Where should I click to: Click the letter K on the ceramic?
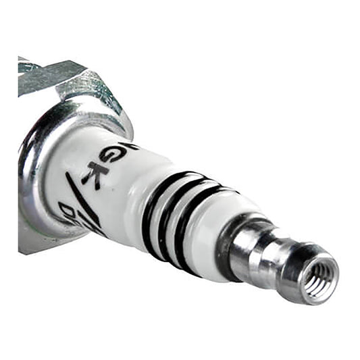point(93,172)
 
